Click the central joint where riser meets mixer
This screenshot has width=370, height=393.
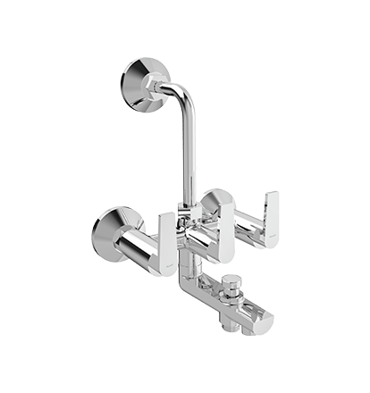point(185,211)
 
